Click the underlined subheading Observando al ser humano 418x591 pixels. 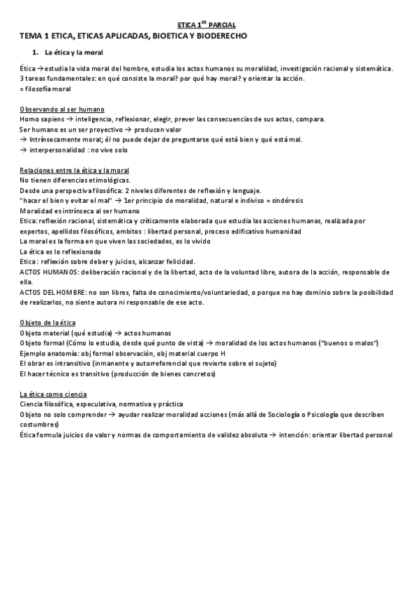point(62,109)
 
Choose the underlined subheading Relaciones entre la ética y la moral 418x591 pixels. point(75,171)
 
